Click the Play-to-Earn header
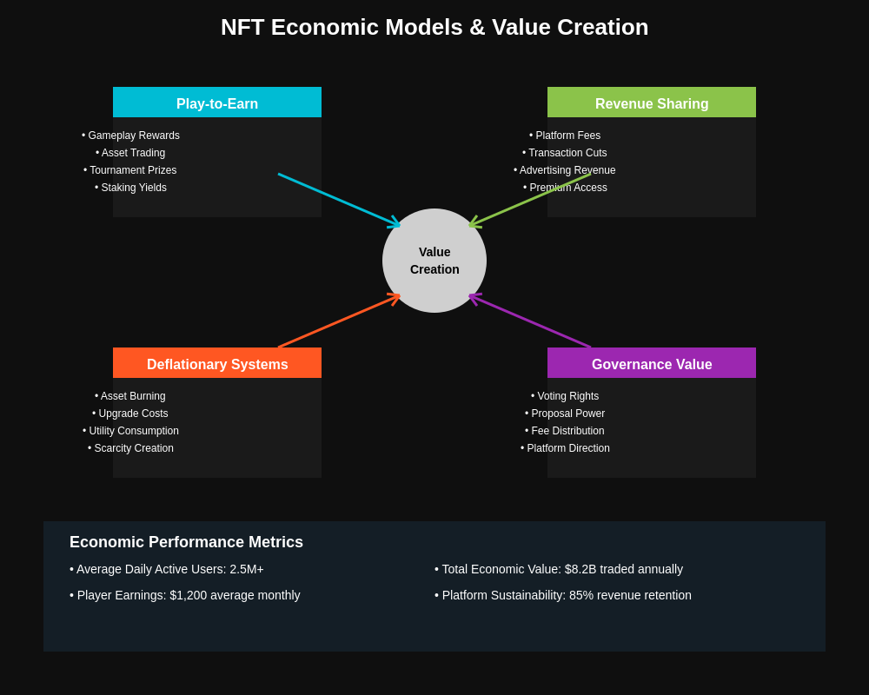[217, 103]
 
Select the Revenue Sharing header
[652, 103]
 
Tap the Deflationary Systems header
[217, 364]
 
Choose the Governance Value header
[652, 364]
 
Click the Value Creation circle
[434, 261]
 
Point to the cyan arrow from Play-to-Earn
[339, 200]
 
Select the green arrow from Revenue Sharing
[530, 200]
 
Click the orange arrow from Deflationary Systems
[339, 321]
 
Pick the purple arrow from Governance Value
[530, 321]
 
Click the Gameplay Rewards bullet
[131, 136]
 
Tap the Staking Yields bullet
[131, 188]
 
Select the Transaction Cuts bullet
[565, 153]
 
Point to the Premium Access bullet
[566, 188]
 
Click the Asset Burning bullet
[130, 396]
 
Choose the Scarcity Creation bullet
[131, 448]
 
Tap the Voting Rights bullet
[565, 396]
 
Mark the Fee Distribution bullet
[565, 431]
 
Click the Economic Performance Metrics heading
[186, 542]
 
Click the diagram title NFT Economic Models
[434, 27]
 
